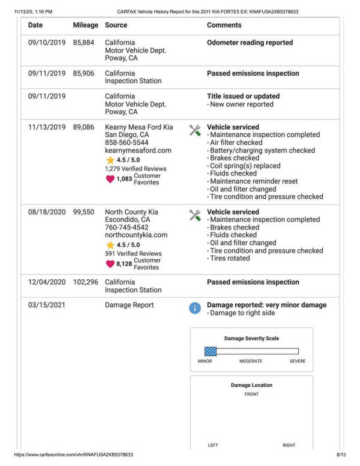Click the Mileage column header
[x=85, y=25]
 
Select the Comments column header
[x=224, y=25]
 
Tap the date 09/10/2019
[x=47, y=43]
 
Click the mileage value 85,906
[x=85, y=74]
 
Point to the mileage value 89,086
[x=85, y=127]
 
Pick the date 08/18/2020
[x=47, y=212]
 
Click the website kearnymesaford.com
[x=138, y=151]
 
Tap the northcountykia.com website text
[x=136, y=235]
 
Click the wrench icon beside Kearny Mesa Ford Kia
[x=195, y=130]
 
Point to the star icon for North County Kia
[x=110, y=245]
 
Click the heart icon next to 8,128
[x=110, y=264]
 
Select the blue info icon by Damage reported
[x=195, y=308]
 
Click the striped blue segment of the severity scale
[x=210, y=351]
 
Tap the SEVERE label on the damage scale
[x=297, y=362]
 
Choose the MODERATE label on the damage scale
[x=251, y=362]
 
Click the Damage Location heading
[x=251, y=386]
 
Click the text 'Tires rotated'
[x=229, y=258]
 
